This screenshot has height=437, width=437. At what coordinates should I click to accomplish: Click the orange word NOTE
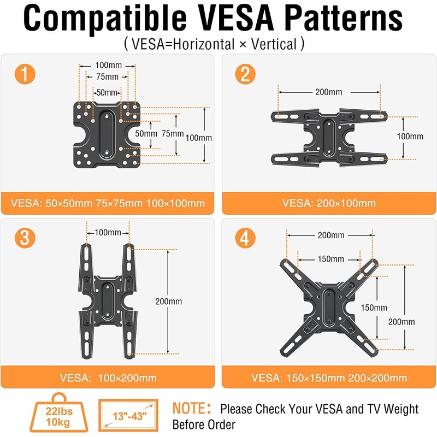click(x=191, y=409)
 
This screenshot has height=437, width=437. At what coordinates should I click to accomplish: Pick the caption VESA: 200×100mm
click(x=329, y=203)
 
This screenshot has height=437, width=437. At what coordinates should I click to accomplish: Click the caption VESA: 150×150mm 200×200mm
click(x=329, y=377)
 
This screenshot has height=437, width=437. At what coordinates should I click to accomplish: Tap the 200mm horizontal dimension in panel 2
click(x=329, y=92)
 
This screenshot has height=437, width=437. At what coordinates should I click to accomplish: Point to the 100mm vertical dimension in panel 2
click(x=410, y=136)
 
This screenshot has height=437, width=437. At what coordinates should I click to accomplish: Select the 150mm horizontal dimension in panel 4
click(x=330, y=259)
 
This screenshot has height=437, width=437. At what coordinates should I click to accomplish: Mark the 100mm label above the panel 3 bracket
click(x=108, y=232)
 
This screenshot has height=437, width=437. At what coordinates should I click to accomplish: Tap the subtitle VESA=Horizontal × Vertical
click(x=214, y=44)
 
